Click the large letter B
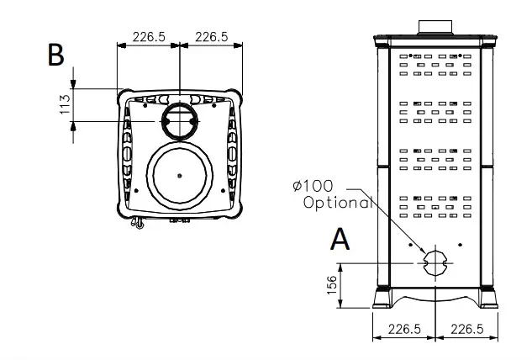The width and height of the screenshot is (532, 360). pos(56,55)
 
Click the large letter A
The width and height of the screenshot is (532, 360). pos(340,239)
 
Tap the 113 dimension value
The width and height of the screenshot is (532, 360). pos(65,104)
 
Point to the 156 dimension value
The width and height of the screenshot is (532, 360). pos(331,285)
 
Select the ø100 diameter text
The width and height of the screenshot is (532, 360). pos(313,186)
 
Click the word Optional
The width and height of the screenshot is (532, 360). pos(338,203)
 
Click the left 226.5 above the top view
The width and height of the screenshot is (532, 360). pos(149,37)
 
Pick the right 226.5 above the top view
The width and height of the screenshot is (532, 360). pos(212,37)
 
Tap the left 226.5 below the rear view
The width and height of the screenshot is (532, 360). pos(404,329)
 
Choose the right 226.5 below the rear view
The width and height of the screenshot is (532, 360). pos(466,329)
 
